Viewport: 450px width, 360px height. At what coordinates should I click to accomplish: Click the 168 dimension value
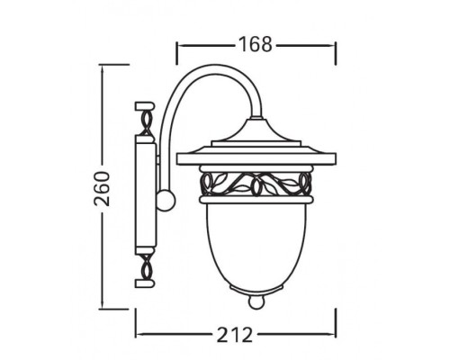[256, 42]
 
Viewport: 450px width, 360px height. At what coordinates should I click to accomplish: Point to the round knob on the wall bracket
[164, 199]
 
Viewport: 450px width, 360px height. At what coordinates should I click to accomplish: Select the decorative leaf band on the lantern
[256, 184]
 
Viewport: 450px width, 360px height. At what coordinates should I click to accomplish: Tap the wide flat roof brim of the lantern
[256, 160]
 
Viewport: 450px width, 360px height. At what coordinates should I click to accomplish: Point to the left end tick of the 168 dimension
[176, 42]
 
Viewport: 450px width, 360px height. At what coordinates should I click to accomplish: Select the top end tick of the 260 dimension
[102, 65]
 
